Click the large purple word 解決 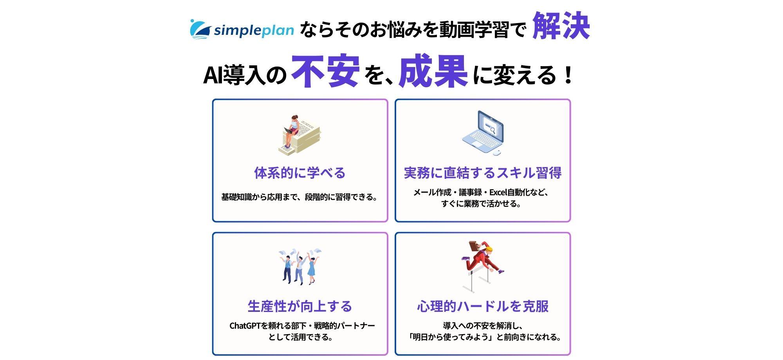point(561,26)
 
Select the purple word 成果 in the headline point(433,71)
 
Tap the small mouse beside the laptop point(497,152)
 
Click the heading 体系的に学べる point(300,173)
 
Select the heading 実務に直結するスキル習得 point(483,173)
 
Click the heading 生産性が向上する point(300,306)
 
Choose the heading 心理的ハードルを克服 point(483,306)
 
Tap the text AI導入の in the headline point(245,75)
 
